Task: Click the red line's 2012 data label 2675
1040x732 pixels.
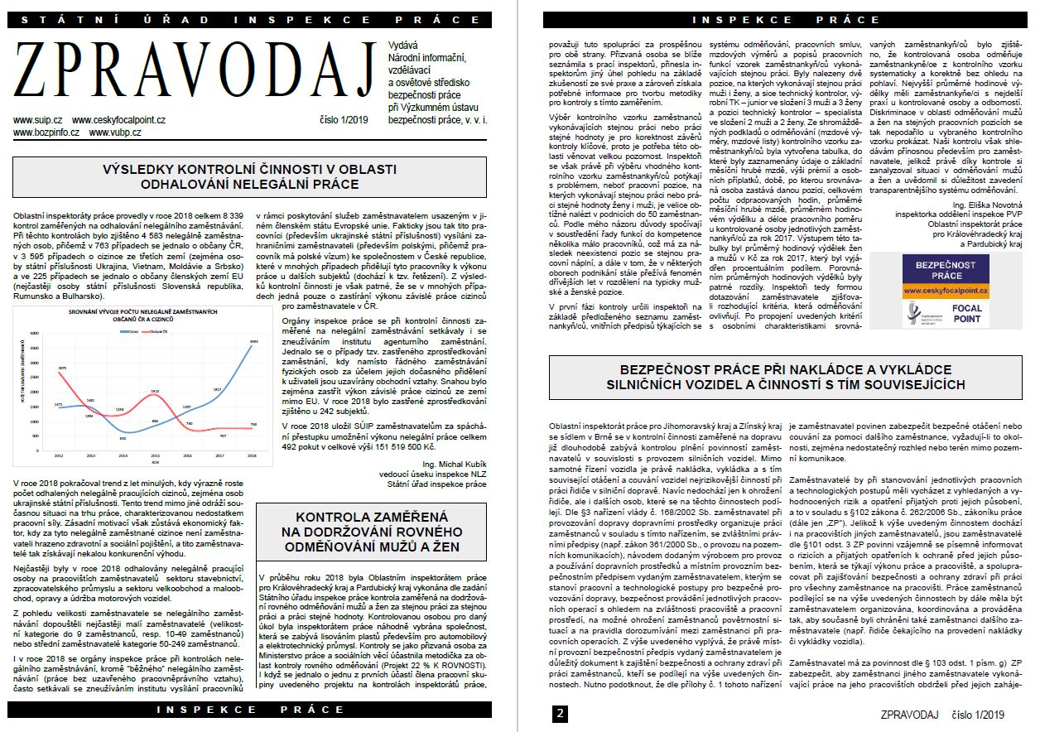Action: click(61, 368)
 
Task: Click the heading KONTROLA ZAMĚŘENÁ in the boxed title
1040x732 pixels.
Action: click(369, 515)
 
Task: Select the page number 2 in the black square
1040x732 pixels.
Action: click(561, 714)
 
